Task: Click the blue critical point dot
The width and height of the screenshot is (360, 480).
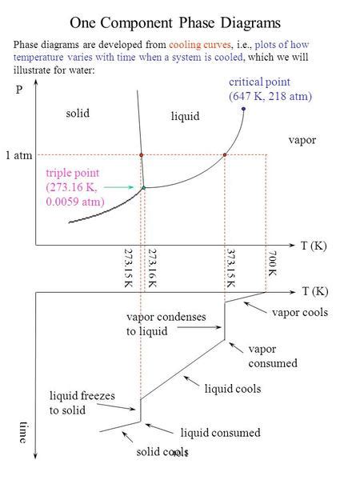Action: pos(242,109)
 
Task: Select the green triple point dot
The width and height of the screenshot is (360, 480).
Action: pos(143,187)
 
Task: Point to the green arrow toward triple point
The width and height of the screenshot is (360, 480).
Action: pos(125,186)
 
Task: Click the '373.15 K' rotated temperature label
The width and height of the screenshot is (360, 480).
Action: pos(230,267)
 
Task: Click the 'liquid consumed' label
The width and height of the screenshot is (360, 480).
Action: pos(220,432)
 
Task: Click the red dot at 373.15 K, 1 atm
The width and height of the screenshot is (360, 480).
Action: pos(226,154)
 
